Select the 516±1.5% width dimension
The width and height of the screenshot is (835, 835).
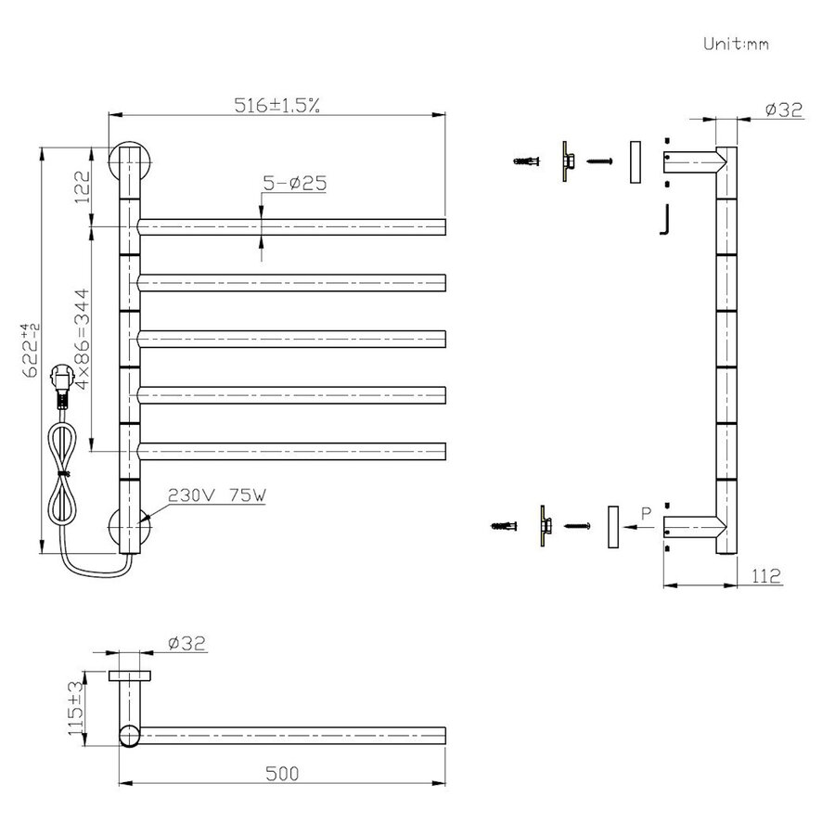click(x=276, y=105)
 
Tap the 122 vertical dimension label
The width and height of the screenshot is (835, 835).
click(x=82, y=186)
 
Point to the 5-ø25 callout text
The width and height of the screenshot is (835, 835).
click(x=294, y=184)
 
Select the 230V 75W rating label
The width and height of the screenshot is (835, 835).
click(x=217, y=495)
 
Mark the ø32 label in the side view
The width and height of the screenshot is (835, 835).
click(x=783, y=109)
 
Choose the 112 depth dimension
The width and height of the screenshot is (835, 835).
click(x=764, y=576)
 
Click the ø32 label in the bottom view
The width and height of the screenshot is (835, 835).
click(x=186, y=642)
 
